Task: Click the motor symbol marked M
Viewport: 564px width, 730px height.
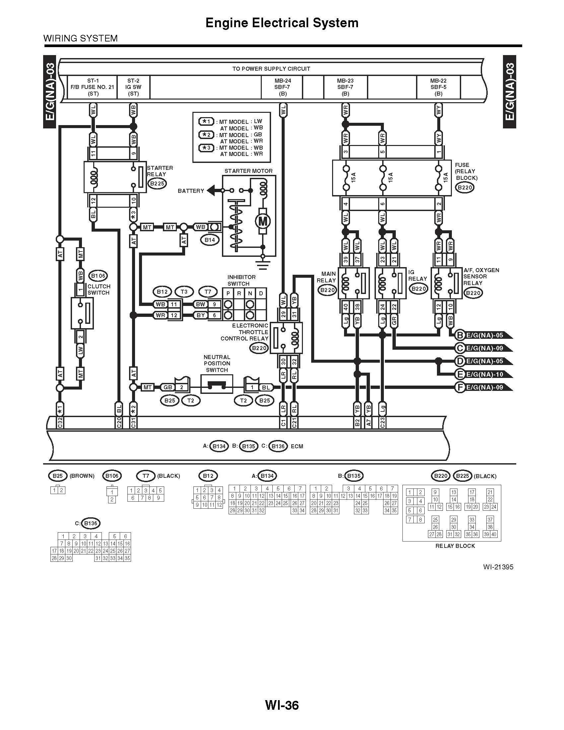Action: coord(262,221)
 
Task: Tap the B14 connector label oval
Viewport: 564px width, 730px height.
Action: coord(209,240)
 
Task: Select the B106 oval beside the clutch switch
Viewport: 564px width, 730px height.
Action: coord(98,276)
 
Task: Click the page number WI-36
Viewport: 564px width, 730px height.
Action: coord(282,705)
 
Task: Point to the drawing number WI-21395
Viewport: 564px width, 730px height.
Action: coord(498,567)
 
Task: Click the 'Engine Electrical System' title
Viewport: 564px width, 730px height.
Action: coord(282,23)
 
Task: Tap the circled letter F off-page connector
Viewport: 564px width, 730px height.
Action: coord(460,387)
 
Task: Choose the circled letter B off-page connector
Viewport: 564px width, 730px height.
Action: coord(460,335)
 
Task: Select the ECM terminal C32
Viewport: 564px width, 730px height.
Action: coord(60,423)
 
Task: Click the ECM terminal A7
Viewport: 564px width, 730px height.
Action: coord(368,423)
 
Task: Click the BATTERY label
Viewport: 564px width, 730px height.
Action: coord(191,191)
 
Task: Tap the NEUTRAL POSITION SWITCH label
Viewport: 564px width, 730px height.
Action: coord(217,363)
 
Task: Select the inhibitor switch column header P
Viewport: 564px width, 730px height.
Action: coord(228,293)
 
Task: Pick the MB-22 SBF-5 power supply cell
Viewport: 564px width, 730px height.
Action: coord(438,87)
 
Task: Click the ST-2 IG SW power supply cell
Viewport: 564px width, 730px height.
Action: coord(133,87)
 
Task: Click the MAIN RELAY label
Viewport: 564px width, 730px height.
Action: coord(326,277)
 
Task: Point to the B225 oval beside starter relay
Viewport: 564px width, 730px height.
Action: coord(157,183)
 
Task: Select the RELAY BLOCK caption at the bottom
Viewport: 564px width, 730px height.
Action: coord(455,546)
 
